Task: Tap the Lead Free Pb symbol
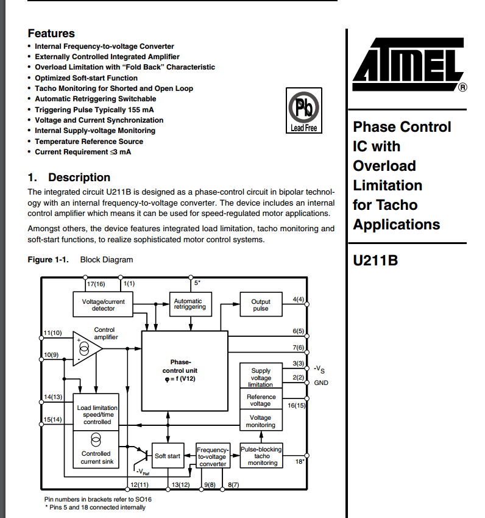tap(303, 110)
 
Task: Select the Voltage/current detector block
tap(103, 304)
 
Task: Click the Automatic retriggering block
tap(190, 304)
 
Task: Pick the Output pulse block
tap(261, 304)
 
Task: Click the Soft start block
tap(168, 456)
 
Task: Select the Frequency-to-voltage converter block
tap(213, 456)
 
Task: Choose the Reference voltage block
tap(261, 400)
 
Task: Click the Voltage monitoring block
tap(261, 422)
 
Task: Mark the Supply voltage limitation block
tap(261, 377)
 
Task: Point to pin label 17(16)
tap(96, 284)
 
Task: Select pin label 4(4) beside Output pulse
tap(298, 300)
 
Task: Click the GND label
tap(320, 383)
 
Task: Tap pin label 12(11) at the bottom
tap(139, 484)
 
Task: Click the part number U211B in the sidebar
tap(375, 260)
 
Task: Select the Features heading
tap(51, 34)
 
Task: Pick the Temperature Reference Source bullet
tap(89, 141)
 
